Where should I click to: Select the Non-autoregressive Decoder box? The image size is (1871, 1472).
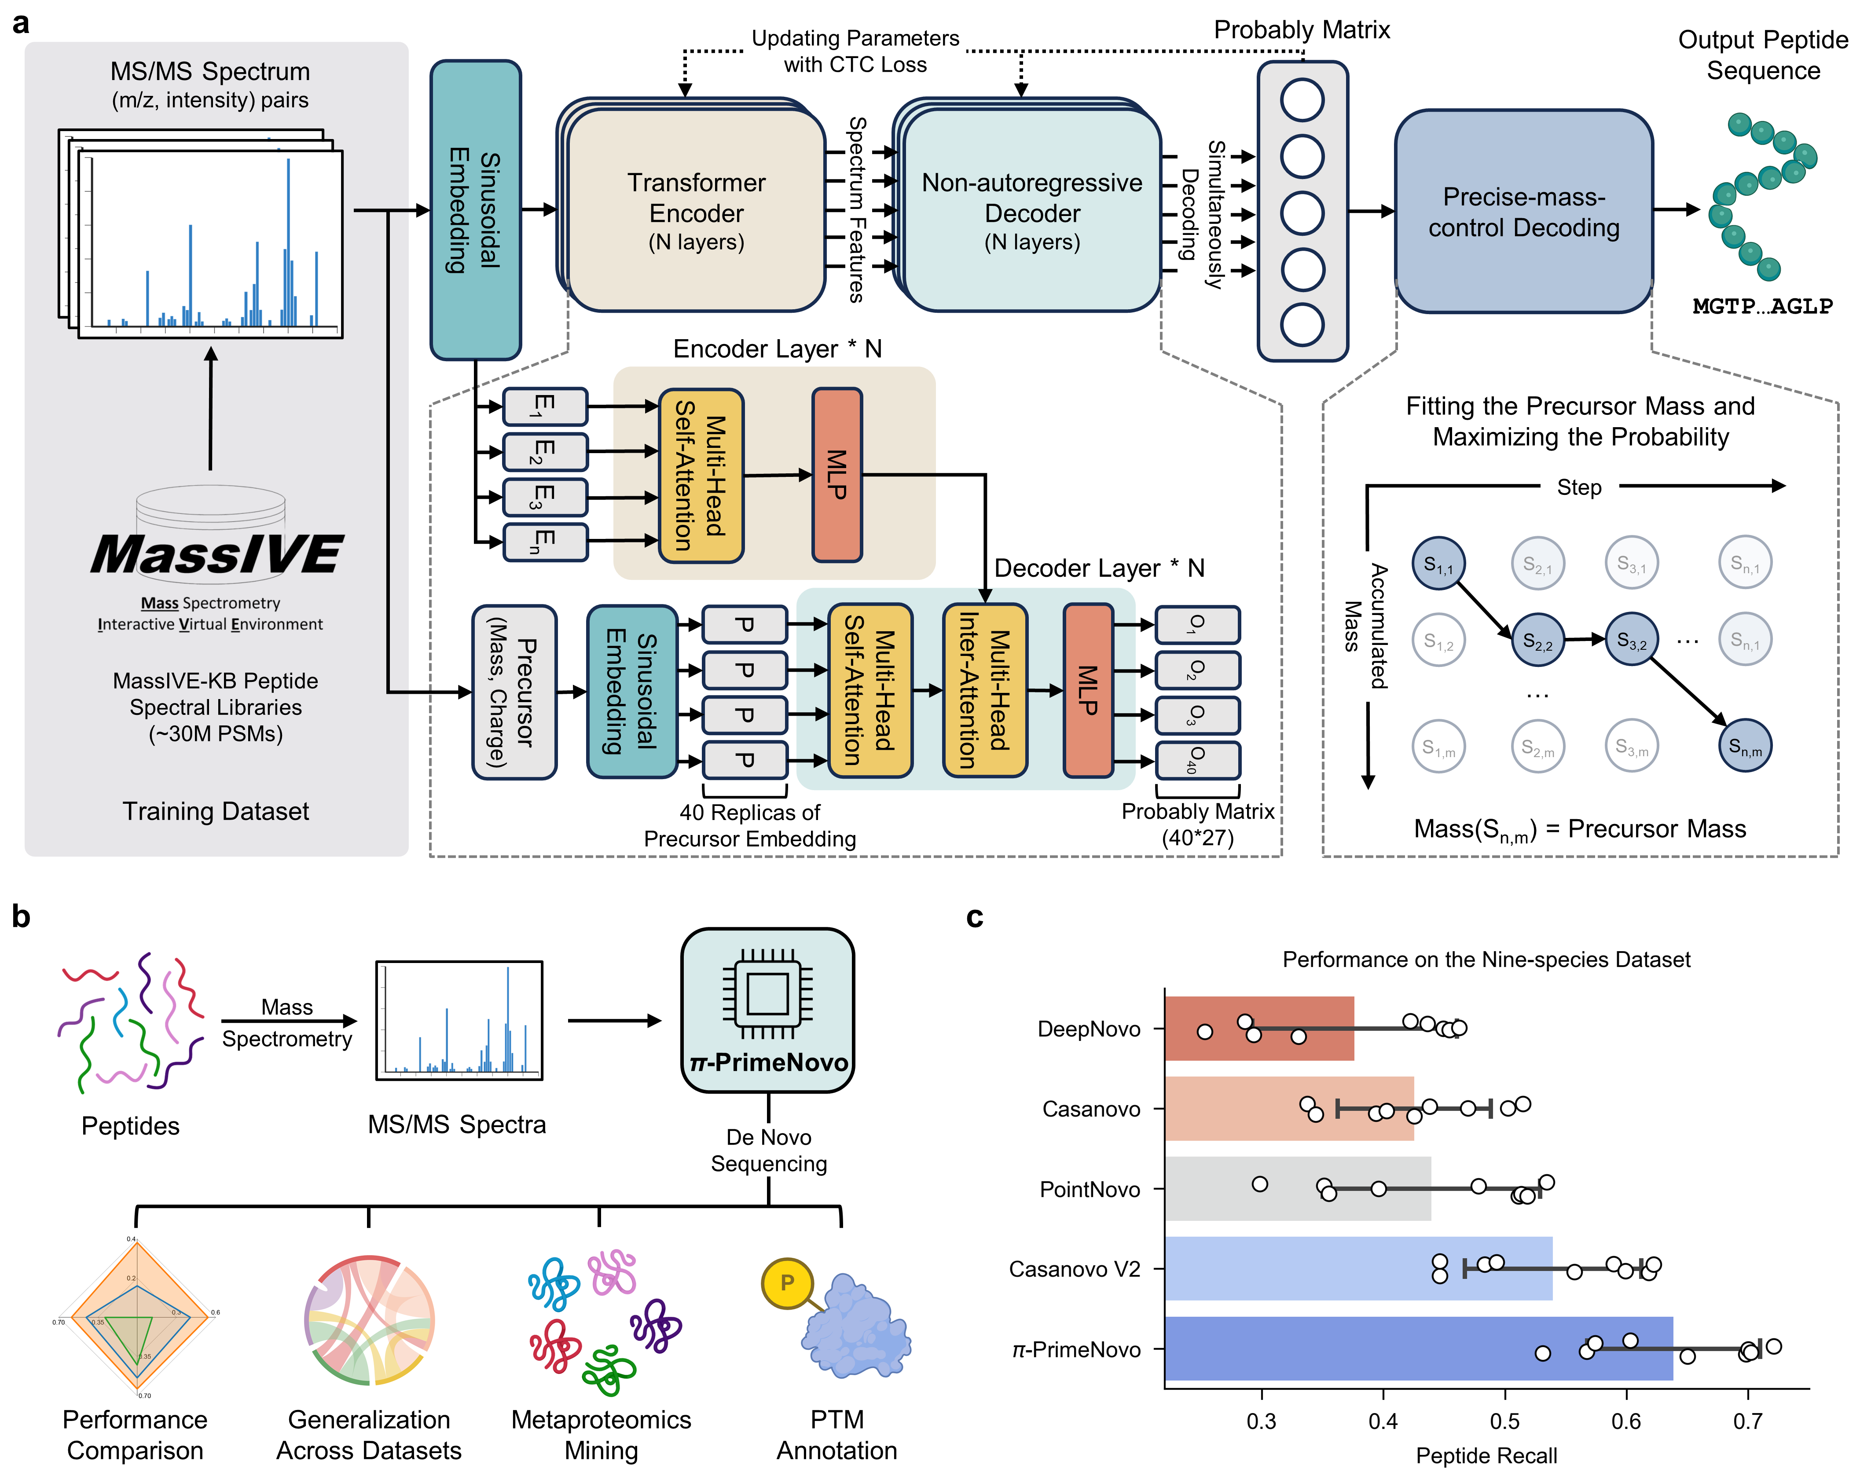1031,211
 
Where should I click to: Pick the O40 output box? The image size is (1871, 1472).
1197,760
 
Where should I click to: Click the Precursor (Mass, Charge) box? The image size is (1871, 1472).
514,692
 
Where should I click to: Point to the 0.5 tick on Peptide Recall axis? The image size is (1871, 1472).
1505,1420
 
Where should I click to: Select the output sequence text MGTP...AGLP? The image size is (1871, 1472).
1762,306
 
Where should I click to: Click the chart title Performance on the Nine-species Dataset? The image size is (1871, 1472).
1486,959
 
